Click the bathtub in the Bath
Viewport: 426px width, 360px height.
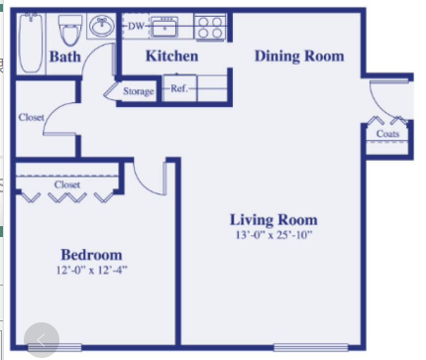pos(31,44)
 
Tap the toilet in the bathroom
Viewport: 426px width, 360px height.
pos(69,31)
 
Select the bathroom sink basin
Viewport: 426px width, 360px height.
pos(102,26)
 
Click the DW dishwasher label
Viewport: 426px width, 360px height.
pos(136,26)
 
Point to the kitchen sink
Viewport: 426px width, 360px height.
pos(164,27)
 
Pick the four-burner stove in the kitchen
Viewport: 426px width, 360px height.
pos(210,27)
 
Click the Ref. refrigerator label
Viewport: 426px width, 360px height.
pos(179,88)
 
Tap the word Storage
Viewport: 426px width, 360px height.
pos(139,91)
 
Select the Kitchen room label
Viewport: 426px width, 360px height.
pos(171,56)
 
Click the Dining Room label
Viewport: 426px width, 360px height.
pos(299,56)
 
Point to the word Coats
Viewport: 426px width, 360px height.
pos(387,134)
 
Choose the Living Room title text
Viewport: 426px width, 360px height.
pos(273,220)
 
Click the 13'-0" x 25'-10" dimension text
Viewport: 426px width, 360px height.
pos(273,235)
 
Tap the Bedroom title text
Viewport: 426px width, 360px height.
pos(91,255)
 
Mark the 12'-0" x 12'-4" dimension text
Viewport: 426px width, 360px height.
pos(91,270)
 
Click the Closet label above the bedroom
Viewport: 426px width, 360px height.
pos(67,184)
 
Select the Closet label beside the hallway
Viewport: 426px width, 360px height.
pos(31,117)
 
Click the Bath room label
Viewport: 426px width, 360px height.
pos(65,57)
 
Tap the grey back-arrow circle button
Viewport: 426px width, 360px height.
pos(42,340)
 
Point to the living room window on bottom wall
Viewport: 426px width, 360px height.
pos(311,347)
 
